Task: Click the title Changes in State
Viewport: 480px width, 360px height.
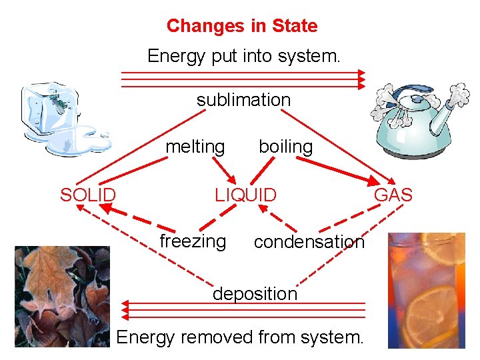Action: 242,26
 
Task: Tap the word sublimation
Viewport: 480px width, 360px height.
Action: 243,100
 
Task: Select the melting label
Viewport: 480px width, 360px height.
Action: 195,146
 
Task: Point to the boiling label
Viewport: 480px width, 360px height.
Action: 285,146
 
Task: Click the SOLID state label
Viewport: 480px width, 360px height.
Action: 88,195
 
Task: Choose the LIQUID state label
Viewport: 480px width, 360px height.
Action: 245,195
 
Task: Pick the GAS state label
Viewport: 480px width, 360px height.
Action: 393,195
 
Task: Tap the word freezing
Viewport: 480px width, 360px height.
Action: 193,241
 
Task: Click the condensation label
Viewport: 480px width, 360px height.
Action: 309,242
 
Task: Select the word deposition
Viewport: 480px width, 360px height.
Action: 255,293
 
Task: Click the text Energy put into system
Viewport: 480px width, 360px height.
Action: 243,55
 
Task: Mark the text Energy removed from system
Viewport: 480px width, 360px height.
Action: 240,337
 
